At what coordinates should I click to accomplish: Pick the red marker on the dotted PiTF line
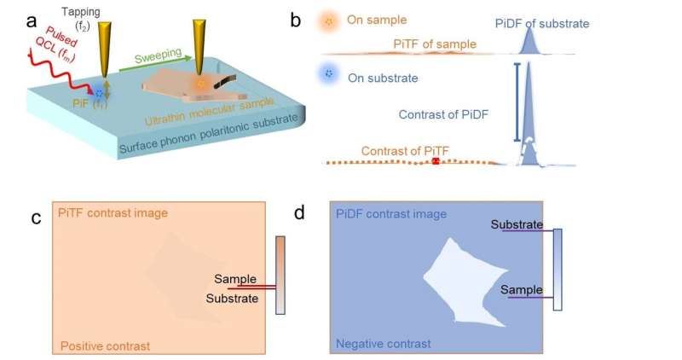click(x=436, y=161)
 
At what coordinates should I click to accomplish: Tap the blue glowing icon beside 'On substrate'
click(x=327, y=77)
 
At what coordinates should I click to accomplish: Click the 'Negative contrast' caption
click(x=384, y=343)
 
